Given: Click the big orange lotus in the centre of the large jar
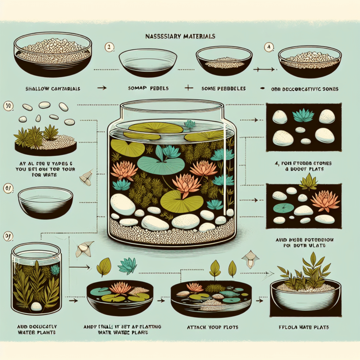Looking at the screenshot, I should click(x=186, y=182).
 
